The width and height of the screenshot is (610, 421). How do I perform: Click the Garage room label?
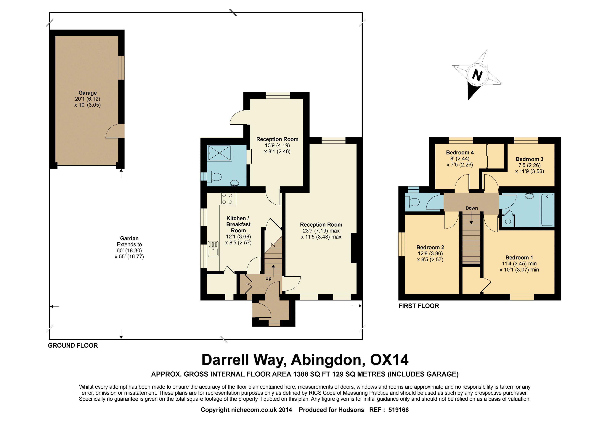pyautogui.click(x=88, y=93)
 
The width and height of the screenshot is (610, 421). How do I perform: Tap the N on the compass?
pyautogui.click(x=477, y=75)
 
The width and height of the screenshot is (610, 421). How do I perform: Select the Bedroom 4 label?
pyautogui.click(x=460, y=152)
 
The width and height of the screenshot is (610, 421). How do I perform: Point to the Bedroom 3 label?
pyautogui.click(x=529, y=159)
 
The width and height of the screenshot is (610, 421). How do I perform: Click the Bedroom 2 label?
pyautogui.click(x=430, y=247)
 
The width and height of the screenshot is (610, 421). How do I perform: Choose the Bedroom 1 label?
pyautogui.click(x=519, y=257)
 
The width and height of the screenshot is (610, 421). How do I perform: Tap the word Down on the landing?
pyautogui.click(x=472, y=208)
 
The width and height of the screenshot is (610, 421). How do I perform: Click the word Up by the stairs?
pyautogui.click(x=268, y=278)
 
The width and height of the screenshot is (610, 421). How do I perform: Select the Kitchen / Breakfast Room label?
pyautogui.click(x=238, y=225)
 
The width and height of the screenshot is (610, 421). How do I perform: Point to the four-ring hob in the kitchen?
pyautogui.click(x=227, y=199)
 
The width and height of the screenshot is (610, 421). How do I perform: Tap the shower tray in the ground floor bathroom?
pyautogui.click(x=220, y=153)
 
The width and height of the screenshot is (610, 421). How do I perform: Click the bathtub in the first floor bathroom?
pyautogui.click(x=547, y=210)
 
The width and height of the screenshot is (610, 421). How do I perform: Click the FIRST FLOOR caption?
pyautogui.click(x=419, y=306)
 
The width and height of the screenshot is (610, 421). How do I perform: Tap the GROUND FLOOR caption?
pyautogui.click(x=73, y=346)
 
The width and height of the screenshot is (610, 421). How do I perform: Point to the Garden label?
pyautogui.click(x=129, y=238)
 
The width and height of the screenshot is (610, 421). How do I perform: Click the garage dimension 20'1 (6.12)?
pyautogui.click(x=88, y=99)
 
